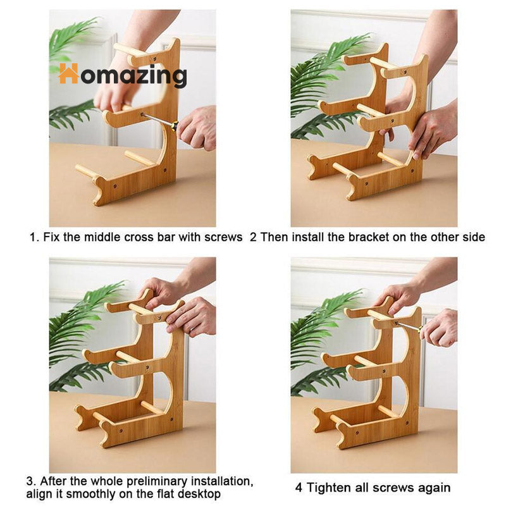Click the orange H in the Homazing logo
click(68, 73)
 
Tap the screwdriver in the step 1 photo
click(160, 121)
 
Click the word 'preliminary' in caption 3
click(157, 481)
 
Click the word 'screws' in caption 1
click(223, 238)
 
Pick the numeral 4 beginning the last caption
click(299, 488)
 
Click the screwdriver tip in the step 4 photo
click(396, 323)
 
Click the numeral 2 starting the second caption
click(254, 237)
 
